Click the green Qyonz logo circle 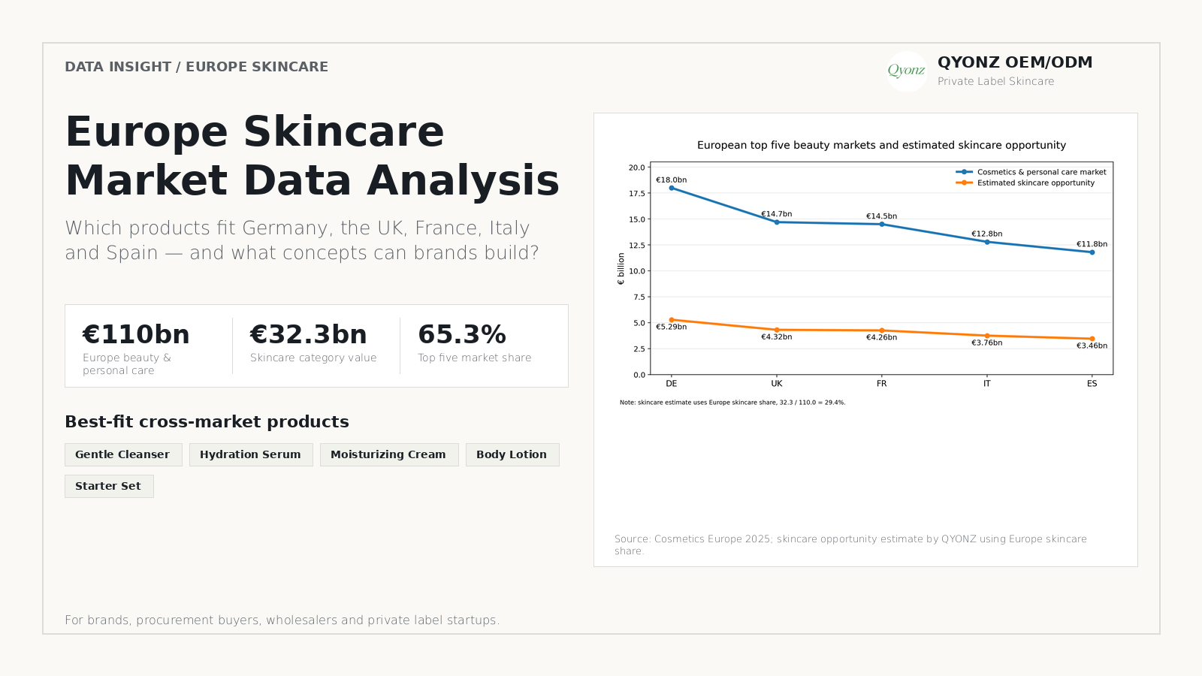(x=906, y=71)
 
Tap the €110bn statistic (x=136, y=334)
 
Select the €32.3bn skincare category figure (x=308, y=334)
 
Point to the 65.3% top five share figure (x=461, y=334)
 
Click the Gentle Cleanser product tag (x=123, y=454)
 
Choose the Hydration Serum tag (x=251, y=454)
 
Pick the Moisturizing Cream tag (x=389, y=454)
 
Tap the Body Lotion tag (x=512, y=454)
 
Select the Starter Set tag (x=109, y=486)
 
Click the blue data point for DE (x=672, y=188)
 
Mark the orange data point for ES (x=1092, y=339)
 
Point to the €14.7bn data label (x=777, y=213)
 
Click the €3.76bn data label (x=987, y=343)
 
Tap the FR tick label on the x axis (x=882, y=384)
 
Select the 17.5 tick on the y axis (x=637, y=193)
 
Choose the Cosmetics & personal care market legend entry (x=1031, y=172)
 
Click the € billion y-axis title (x=621, y=268)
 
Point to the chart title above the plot (x=881, y=145)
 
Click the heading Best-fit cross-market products (x=207, y=421)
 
